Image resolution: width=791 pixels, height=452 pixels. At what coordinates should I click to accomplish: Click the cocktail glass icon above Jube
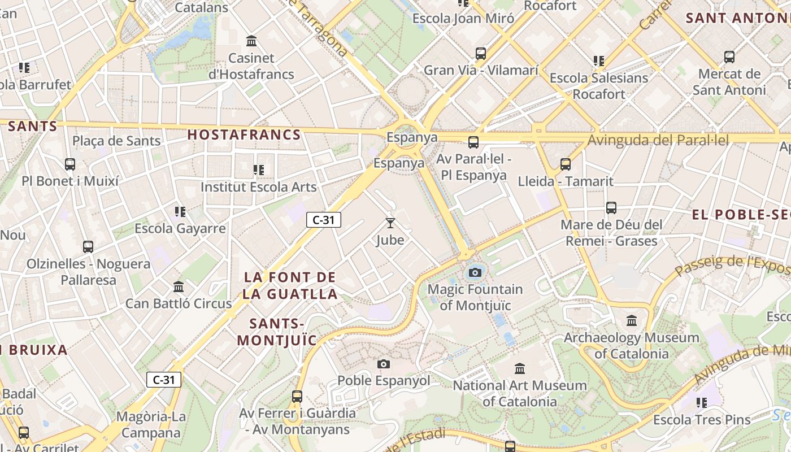click(x=390, y=223)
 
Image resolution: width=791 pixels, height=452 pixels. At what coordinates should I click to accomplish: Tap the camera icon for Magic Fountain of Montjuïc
click(x=475, y=273)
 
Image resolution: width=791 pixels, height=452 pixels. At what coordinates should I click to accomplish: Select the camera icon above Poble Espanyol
click(x=384, y=364)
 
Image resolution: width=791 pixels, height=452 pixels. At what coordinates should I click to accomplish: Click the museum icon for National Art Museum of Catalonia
click(x=520, y=369)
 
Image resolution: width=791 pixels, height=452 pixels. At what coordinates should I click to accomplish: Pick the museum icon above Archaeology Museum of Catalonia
click(x=632, y=321)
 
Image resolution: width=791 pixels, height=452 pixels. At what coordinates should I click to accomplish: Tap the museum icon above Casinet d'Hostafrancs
click(x=251, y=41)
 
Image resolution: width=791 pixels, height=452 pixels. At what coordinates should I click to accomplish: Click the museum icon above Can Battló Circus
click(x=179, y=286)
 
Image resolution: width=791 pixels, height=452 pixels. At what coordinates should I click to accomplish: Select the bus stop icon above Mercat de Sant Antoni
click(x=729, y=57)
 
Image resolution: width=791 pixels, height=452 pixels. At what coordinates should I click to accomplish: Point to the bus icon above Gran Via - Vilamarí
click(x=481, y=54)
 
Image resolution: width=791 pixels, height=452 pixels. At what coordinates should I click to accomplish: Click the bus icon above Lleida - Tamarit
click(x=566, y=164)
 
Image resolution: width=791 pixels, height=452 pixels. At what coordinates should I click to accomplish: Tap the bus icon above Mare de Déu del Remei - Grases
click(x=611, y=207)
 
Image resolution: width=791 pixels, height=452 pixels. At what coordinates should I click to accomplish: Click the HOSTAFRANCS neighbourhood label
click(x=244, y=134)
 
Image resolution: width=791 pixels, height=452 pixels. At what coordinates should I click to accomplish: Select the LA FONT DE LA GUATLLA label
click(x=290, y=285)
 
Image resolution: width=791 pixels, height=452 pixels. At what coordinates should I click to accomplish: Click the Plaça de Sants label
click(x=117, y=141)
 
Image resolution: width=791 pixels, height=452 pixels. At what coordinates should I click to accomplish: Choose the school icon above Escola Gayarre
click(x=180, y=212)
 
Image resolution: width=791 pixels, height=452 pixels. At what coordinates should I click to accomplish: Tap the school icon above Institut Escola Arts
click(x=259, y=169)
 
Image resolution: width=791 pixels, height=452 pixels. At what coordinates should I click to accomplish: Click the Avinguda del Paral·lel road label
click(x=658, y=140)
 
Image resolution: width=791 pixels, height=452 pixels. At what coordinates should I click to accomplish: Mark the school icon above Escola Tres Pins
click(x=702, y=403)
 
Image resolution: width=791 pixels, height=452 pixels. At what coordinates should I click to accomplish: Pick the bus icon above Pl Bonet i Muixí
click(x=70, y=164)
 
